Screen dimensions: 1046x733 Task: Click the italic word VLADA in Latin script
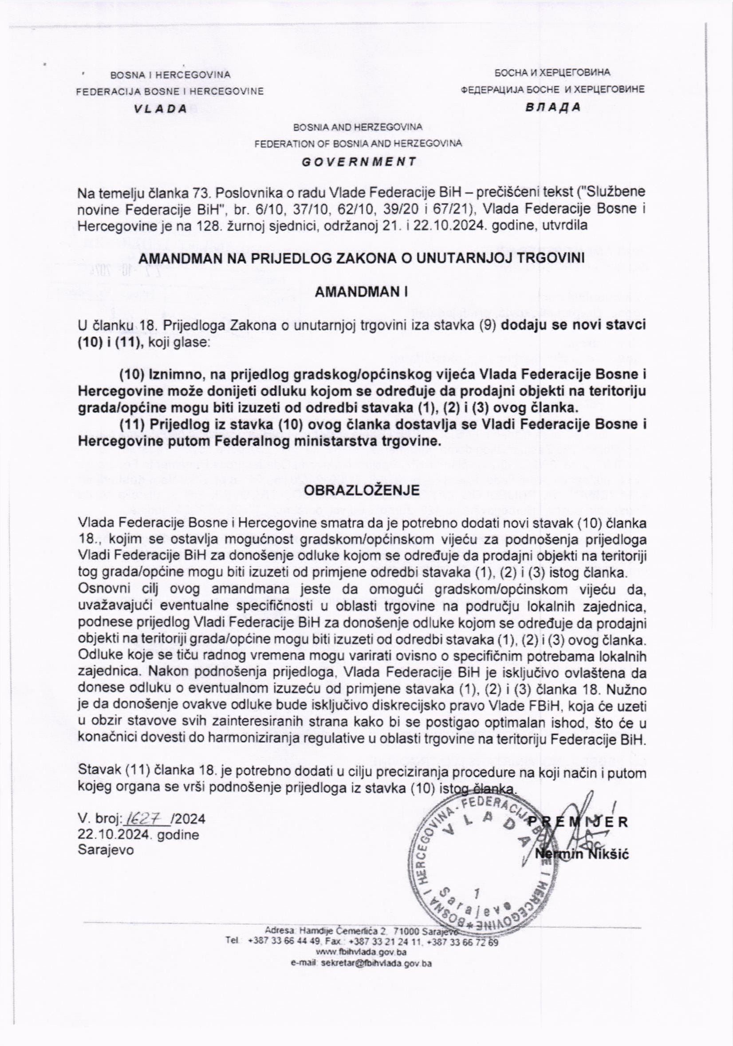pyautogui.click(x=160, y=109)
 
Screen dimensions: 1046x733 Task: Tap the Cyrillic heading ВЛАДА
pyautogui.click(x=553, y=107)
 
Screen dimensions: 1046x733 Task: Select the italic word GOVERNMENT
pyautogui.click(x=359, y=161)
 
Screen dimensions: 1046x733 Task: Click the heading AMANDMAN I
pyautogui.click(x=361, y=293)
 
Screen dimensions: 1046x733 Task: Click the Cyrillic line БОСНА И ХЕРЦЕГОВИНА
pyautogui.click(x=552, y=72)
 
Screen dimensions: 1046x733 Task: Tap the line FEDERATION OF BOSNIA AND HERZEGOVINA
pyautogui.click(x=358, y=143)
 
